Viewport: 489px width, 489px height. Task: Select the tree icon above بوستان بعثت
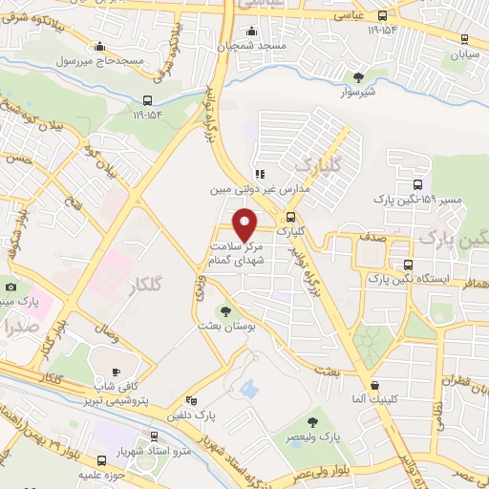(225, 310)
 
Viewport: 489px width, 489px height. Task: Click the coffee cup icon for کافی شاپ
(117, 372)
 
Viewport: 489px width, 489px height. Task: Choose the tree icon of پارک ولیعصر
(313, 421)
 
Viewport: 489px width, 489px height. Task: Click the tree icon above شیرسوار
(358, 77)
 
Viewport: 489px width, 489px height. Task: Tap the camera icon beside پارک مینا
(11, 287)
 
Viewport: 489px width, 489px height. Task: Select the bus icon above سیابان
(464, 39)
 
